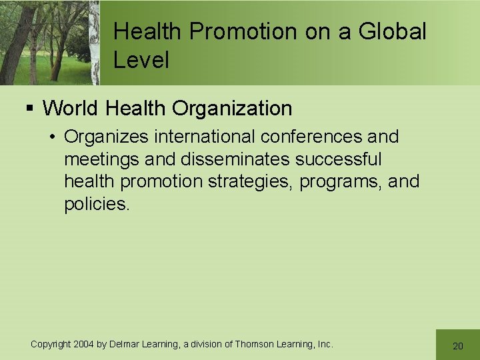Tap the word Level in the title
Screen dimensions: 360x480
(x=141, y=60)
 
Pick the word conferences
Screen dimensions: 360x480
(x=311, y=137)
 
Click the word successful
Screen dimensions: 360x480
(x=339, y=160)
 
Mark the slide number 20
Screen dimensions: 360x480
(x=457, y=346)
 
